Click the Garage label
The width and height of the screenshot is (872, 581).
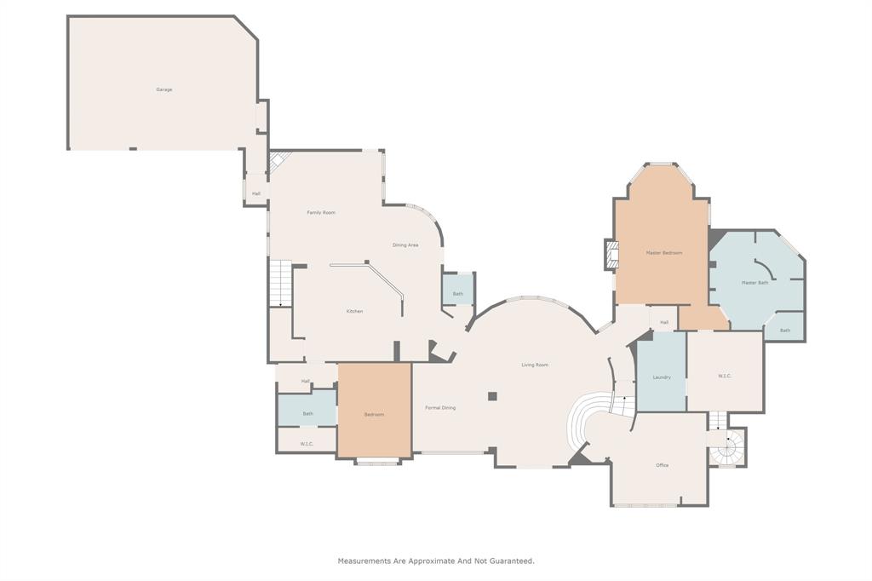coord(164,89)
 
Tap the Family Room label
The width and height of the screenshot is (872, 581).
coord(321,212)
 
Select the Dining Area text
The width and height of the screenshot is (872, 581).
coord(405,245)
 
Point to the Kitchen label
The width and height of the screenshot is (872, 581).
coord(354,311)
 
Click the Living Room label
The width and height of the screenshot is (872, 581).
coord(535,365)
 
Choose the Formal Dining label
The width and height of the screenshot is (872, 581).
coord(440,408)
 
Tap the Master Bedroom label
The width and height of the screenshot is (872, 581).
coord(663,253)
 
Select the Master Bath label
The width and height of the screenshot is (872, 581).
coord(754,283)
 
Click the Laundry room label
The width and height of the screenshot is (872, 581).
coord(662,377)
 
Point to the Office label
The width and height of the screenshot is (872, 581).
coord(662,465)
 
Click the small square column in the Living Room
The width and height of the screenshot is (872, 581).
coord(492,396)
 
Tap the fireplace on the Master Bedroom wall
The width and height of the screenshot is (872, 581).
coord(611,254)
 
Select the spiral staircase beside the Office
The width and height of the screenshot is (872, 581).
coord(728,448)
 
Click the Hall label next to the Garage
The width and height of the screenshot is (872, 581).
coord(256,193)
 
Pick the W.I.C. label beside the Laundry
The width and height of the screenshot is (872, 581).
coord(725,376)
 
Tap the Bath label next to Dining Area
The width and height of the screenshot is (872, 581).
coord(458,294)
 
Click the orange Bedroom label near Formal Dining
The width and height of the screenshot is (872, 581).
coord(374,415)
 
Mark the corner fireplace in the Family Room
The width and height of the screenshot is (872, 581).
coord(279,160)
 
